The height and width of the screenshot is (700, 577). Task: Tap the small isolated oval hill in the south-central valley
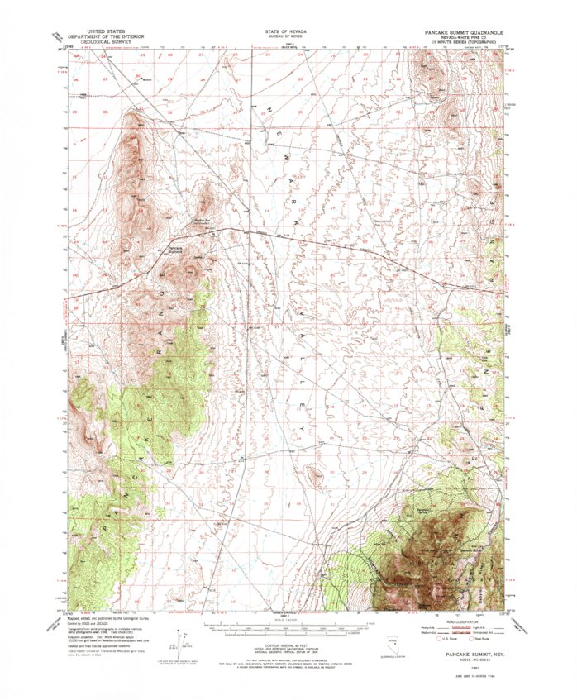click(x=314, y=475)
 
